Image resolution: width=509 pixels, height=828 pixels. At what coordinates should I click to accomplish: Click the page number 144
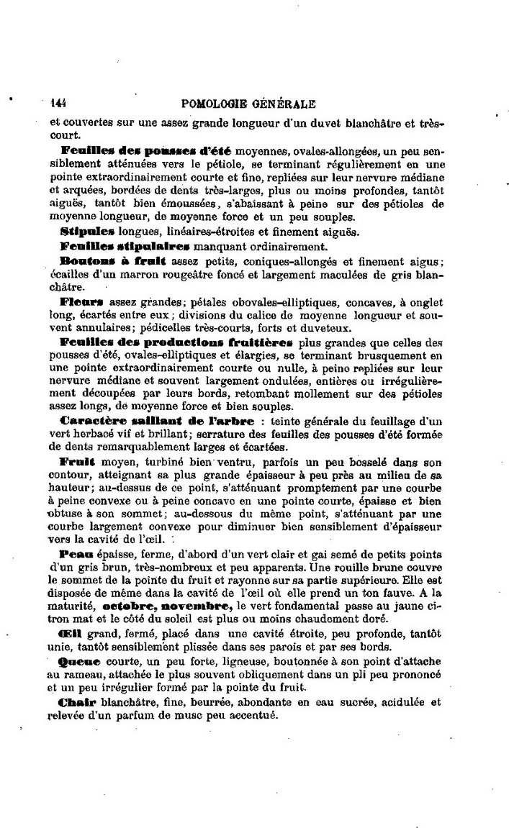tap(58, 103)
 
